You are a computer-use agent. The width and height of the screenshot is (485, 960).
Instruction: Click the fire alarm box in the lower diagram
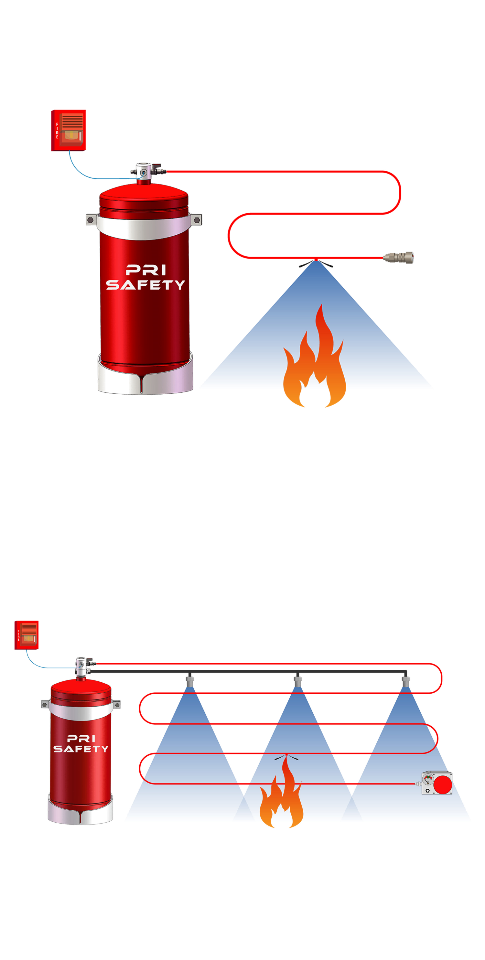tap(27, 635)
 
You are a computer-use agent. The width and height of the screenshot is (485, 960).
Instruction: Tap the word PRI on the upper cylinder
tap(146, 270)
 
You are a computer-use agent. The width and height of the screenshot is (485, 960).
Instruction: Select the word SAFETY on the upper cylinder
tap(145, 285)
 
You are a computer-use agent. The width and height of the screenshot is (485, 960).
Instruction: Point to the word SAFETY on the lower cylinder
tap(81, 749)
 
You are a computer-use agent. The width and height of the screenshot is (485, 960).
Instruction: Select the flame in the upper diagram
tap(314, 356)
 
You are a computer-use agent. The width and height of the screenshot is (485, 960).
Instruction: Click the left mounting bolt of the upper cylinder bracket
tap(90, 220)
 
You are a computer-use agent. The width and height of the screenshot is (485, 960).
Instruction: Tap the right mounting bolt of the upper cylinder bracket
tap(197, 220)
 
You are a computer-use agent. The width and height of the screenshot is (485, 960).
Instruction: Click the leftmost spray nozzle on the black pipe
tap(190, 681)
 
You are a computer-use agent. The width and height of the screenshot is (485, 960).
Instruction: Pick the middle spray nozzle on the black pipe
tap(297, 681)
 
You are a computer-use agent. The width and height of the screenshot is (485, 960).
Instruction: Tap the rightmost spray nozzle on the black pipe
tap(405, 681)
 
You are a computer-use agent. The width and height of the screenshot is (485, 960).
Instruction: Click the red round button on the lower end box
tap(443, 785)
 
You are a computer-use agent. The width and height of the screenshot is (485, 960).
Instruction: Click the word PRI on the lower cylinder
tap(81, 739)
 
